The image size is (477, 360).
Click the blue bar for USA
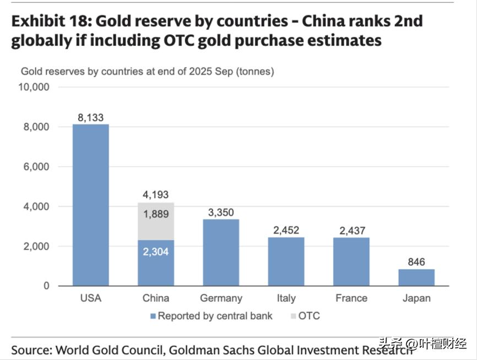point(91,205)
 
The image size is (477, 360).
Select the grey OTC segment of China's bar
point(156,221)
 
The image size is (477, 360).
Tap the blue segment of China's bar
point(156,263)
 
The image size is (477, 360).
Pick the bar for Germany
point(221,253)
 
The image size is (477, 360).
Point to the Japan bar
point(416,277)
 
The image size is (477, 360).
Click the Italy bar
point(286,261)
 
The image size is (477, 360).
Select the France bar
point(351,261)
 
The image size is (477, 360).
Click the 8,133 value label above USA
point(91,117)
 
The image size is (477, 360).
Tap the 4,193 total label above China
point(156,195)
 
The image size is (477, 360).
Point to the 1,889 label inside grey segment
point(156,214)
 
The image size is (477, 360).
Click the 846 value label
point(416,262)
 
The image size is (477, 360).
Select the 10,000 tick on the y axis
point(34,87)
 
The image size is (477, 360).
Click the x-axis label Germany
point(221,298)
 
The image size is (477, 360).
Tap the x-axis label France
point(351,298)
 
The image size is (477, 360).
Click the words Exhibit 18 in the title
point(49,21)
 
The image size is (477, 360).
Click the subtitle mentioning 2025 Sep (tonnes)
point(147,71)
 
